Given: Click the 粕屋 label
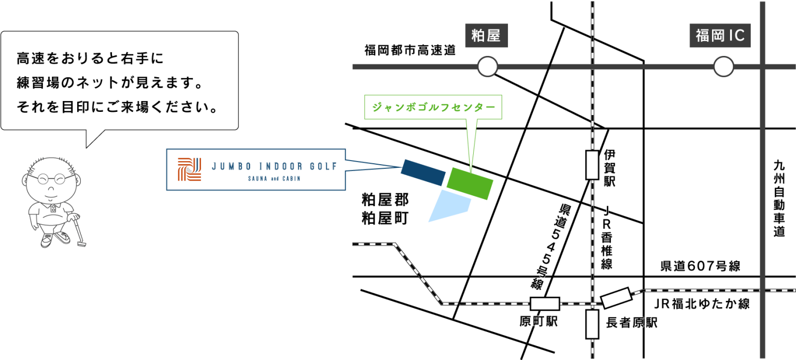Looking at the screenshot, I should [x=486, y=36].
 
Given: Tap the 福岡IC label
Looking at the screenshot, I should [x=720, y=36].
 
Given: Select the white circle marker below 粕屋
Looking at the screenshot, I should [x=487, y=67].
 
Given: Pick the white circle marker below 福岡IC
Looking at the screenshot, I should [x=723, y=67].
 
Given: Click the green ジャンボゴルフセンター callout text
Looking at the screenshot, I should [x=433, y=108].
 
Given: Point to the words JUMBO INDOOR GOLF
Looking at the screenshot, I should [x=274, y=166].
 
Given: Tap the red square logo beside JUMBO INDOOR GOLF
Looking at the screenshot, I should [x=189, y=169].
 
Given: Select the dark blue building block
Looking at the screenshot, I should [x=423, y=172].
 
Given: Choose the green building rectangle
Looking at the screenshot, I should [x=470, y=184].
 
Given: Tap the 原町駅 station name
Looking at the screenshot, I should [x=538, y=322].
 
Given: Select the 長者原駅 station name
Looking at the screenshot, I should [x=631, y=323].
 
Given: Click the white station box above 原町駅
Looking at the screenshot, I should [x=545, y=304].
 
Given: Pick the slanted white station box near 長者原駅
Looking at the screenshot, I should [x=617, y=298].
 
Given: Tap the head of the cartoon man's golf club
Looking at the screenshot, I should [x=82, y=244].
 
